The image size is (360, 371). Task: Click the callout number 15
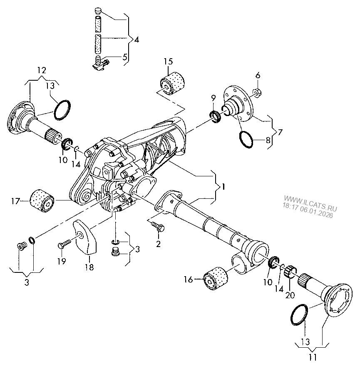click(168, 62)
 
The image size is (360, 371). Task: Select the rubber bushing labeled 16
click(216, 278)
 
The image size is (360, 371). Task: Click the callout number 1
click(223, 187)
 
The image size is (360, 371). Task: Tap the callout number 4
click(137, 40)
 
